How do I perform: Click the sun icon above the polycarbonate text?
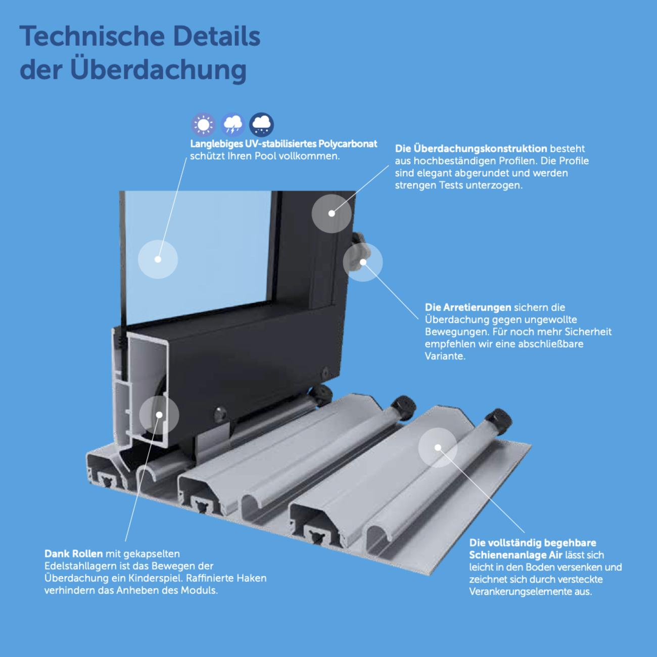(204, 125)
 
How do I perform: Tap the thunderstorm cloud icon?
(232, 125)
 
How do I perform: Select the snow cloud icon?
(261, 125)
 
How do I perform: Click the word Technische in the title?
(92, 36)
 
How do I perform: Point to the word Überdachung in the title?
(159, 70)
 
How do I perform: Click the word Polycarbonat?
(348, 144)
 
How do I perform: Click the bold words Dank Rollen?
(73, 553)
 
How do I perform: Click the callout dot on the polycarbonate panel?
(158, 259)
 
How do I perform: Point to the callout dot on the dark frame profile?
(332, 213)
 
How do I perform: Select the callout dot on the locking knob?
(363, 262)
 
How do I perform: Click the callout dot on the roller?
(159, 414)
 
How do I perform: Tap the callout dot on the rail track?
(438, 447)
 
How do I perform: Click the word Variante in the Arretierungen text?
(445, 356)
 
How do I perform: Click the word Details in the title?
(217, 36)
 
